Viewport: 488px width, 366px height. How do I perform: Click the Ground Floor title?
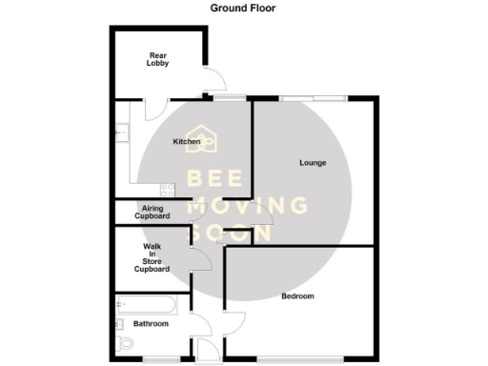tap(244, 8)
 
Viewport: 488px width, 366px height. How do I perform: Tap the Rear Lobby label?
tap(158, 59)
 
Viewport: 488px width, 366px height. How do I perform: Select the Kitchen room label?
tap(186, 142)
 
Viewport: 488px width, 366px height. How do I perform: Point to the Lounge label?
tap(313, 163)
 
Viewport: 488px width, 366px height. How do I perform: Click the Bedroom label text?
tap(297, 296)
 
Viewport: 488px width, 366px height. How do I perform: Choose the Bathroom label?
tap(151, 324)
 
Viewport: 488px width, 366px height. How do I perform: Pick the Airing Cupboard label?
tap(152, 212)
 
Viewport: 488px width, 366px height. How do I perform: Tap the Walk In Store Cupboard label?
tap(151, 257)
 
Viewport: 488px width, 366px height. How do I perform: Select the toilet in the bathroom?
tap(124, 343)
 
